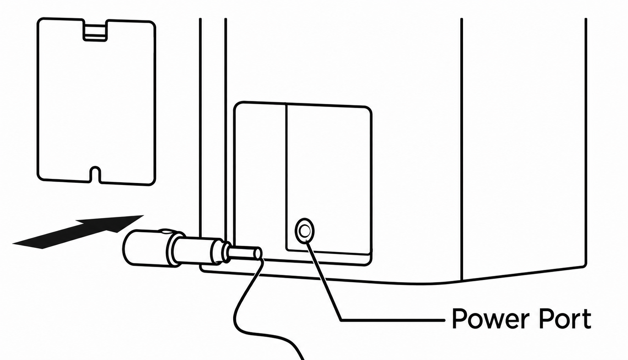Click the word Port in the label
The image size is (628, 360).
click(566, 319)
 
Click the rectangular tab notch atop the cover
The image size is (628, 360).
click(95, 31)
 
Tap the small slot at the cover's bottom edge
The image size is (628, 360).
click(96, 175)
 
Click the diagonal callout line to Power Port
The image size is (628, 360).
click(324, 280)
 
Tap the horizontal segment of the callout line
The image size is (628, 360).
click(393, 320)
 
